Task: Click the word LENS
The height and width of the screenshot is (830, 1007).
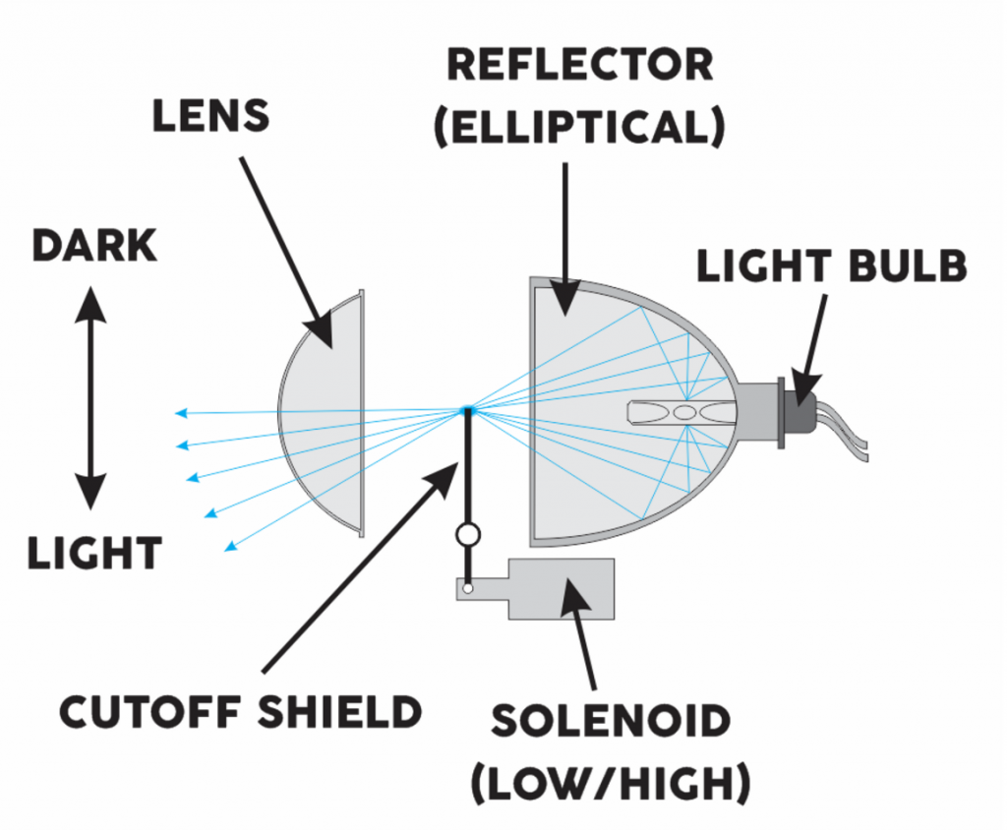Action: (x=210, y=117)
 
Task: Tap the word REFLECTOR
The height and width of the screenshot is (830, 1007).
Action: (x=579, y=66)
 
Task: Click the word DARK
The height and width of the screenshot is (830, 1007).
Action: (x=94, y=246)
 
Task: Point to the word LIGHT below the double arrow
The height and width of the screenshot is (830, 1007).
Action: (x=93, y=554)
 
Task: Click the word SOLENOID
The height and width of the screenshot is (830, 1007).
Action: (x=611, y=722)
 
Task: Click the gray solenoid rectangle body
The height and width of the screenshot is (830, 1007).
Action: (x=561, y=588)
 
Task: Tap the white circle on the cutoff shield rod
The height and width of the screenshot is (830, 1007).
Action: (x=469, y=535)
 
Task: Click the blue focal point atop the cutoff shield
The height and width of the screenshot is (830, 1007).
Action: (x=469, y=410)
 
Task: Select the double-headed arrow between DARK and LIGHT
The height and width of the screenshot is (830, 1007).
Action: (x=91, y=397)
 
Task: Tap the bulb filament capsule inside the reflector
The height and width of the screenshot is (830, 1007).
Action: (x=679, y=412)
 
